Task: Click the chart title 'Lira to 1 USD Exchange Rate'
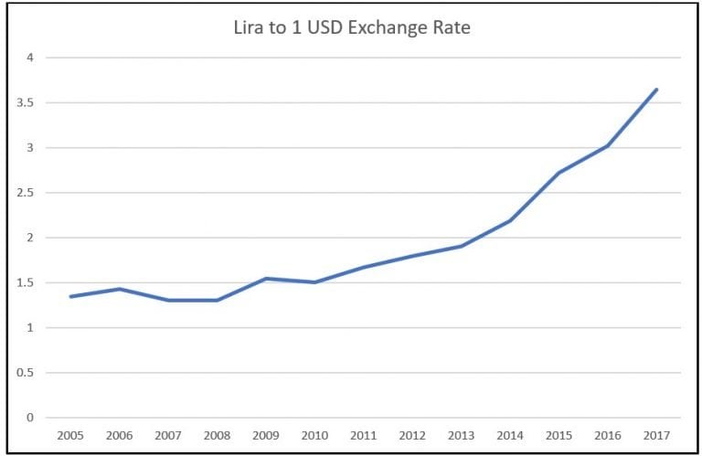click(352, 28)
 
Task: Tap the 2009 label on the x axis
click(265, 436)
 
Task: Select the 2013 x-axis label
click(461, 436)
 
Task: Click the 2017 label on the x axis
click(656, 436)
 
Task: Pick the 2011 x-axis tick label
click(363, 436)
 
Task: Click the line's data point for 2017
click(656, 90)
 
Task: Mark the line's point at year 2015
click(558, 173)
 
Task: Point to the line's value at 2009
click(265, 279)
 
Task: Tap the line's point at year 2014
click(509, 220)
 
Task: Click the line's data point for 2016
click(608, 146)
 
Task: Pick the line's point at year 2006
click(119, 289)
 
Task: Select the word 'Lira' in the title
click(251, 28)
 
